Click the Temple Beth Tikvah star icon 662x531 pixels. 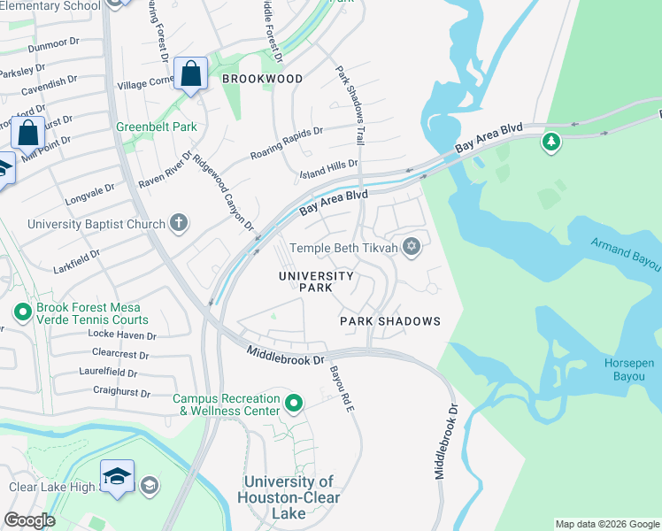click(x=411, y=247)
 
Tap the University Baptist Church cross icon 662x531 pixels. click(x=179, y=222)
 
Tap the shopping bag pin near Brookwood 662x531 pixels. click(x=191, y=75)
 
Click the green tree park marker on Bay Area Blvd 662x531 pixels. click(x=551, y=142)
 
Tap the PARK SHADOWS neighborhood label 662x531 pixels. click(x=390, y=321)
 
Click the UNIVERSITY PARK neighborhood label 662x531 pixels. click(x=317, y=281)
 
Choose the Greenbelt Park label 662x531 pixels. click(x=157, y=127)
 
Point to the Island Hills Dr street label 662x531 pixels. click(x=328, y=165)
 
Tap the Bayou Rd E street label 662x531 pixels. click(x=343, y=389)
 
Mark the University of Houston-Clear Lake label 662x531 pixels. click(x=289, y=497)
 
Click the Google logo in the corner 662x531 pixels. click(x=29, y=520)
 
